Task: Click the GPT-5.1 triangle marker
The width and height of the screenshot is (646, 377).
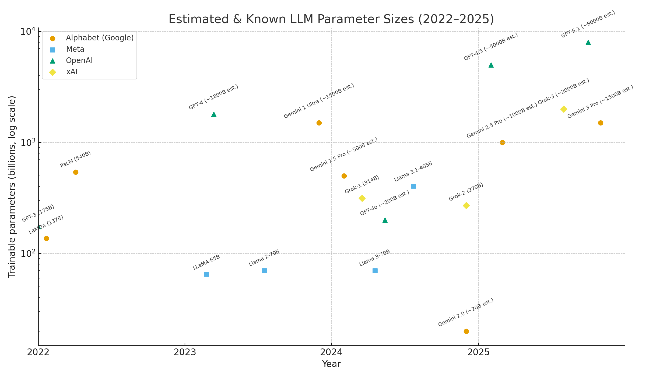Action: tap(588, 42)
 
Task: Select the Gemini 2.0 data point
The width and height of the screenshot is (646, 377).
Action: tap(466, 331)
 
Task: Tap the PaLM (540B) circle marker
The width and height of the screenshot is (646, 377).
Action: tap(76, 172)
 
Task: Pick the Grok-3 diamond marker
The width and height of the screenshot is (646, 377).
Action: tap(564, 109)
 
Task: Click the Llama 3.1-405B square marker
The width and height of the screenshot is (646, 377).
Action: tap(413, 186)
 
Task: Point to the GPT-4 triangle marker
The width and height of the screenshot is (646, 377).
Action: tap(214, 114)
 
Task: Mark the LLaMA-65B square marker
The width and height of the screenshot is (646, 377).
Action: tap(206, 274)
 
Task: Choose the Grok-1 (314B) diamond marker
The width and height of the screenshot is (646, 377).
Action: tap(362, 198)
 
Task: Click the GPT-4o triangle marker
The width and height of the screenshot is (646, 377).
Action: tap(385, 220)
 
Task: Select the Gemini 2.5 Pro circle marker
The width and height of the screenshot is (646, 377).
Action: tap(502, 142)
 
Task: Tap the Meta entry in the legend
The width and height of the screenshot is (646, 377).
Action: tap(75, 49)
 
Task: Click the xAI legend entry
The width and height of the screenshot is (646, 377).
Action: tap(72, 72)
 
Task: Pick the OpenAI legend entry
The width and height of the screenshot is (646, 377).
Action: tap(79, 61)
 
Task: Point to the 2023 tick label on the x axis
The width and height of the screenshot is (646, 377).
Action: tap(185, 352)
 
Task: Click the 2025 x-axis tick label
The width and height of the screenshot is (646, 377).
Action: tap(478, 352)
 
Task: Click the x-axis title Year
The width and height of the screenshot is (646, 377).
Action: tap(331, 364)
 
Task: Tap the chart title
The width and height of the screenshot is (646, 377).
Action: tap(331, 19)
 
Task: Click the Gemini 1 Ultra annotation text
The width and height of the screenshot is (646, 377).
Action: tap(319, 101)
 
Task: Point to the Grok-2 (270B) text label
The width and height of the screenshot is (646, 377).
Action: tap(466, 192)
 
